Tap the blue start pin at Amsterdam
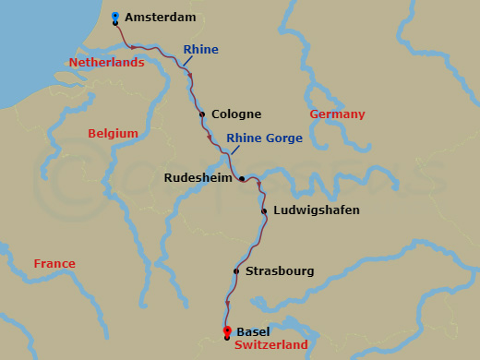114,16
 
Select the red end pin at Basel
227,330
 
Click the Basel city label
254,331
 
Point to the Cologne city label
236,114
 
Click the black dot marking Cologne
202,114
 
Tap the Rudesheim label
198,178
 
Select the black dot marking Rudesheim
241,178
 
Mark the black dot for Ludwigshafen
264,211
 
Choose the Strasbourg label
280,271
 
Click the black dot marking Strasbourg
236,271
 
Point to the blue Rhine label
200,49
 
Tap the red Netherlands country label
107,63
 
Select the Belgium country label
113,134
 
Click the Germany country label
337,114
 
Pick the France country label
54,264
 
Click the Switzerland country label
271,345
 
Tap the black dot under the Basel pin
227,339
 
